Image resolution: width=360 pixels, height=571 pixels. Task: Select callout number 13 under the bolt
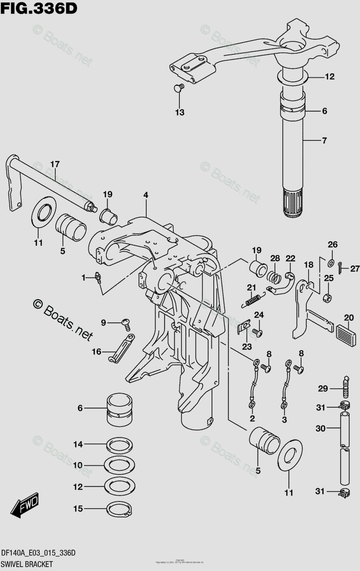tap(179, 113)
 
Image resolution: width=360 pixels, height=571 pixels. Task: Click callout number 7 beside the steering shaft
tap(324, 140)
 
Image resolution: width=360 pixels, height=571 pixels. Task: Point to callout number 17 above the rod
tap(55, 165)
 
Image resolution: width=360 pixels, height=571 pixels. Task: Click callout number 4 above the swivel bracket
tap(146, 195)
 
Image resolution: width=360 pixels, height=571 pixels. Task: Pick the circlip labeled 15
tap(120, 509)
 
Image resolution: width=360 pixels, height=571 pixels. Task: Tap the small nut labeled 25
tap(328, 298)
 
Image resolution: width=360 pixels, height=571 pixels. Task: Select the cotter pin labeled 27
tap(341, 267)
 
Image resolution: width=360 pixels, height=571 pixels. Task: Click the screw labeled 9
tap(126, 324)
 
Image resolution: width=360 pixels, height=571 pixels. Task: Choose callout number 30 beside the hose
tap(320, 428)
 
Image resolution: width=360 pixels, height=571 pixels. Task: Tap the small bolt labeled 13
tap(179, 88)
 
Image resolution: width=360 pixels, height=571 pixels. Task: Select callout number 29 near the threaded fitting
tap(323, 389)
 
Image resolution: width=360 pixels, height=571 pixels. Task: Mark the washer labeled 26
tap(331, 261)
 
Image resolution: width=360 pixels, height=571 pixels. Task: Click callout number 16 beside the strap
tap(96, 352)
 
